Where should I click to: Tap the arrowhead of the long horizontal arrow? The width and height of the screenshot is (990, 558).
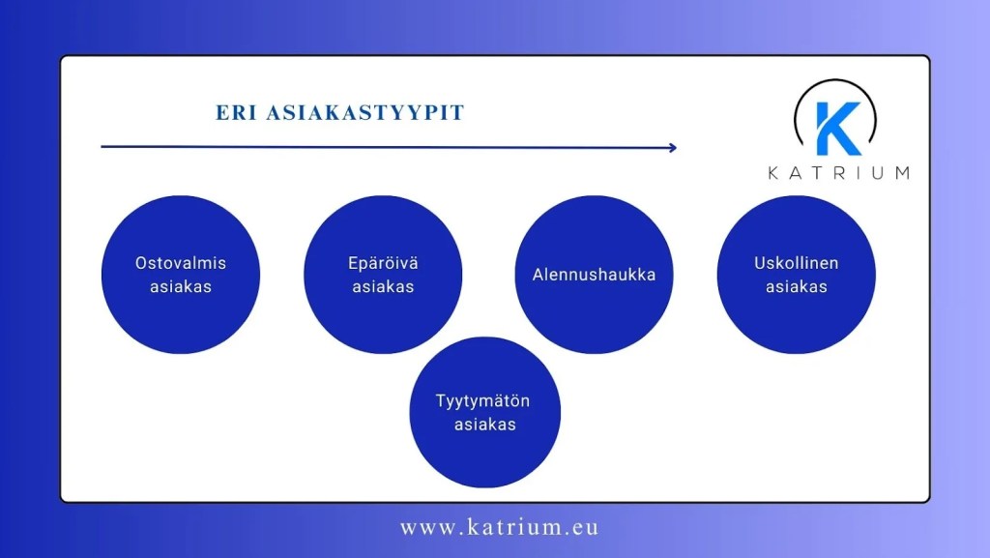coord(672,148)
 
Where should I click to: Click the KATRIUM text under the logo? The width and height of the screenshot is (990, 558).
coord(838,173)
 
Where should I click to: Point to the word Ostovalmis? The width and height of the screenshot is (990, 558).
coord(181,263)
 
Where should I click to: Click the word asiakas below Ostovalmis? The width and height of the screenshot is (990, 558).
coord(181,287)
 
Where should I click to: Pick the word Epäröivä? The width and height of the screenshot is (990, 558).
coord(383,263)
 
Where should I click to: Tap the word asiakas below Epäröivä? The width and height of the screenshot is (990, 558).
coord(383,287)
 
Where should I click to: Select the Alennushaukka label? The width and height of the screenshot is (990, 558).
coord(594,275)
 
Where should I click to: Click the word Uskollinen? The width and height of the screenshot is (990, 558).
coord(797,263)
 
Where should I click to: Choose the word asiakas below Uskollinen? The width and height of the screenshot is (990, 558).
coord(797,287)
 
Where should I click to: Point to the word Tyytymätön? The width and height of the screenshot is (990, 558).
coord(484,401)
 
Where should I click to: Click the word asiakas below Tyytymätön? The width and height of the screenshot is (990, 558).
coord(484,425)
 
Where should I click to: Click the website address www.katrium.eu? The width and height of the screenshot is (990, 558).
coord(499,528)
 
